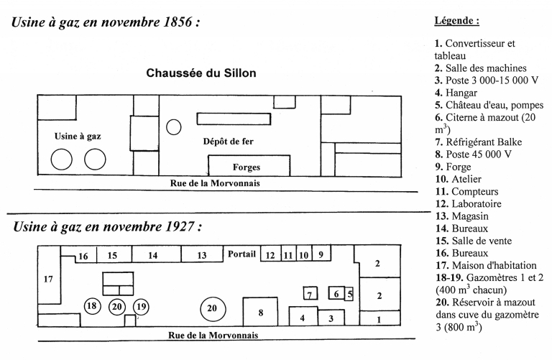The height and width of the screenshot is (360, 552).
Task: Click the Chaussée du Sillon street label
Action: [x=201, y=73]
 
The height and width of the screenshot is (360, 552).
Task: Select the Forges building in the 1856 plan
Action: [x=246, y=166]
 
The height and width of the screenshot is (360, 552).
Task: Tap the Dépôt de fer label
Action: [x=229, y=142]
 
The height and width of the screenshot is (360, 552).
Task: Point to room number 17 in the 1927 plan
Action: [x=48, y=279]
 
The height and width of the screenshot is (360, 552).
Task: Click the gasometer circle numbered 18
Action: [x=91, y=305]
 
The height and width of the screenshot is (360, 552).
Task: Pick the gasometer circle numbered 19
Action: [x=142, y=306]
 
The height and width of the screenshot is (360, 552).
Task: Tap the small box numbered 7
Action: [x=310, y=294]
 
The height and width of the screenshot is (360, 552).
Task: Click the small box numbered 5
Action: [x=350, y=293]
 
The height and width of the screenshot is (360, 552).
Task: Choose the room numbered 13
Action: [x=201, y=255]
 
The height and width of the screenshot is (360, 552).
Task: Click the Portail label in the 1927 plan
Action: [x=241, y=254]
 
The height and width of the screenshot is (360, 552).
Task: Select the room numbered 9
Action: [x=321, y=254]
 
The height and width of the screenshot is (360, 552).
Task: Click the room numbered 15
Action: [x=112, y=255]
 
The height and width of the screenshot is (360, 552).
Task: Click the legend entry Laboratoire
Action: [x=480, y=203]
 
